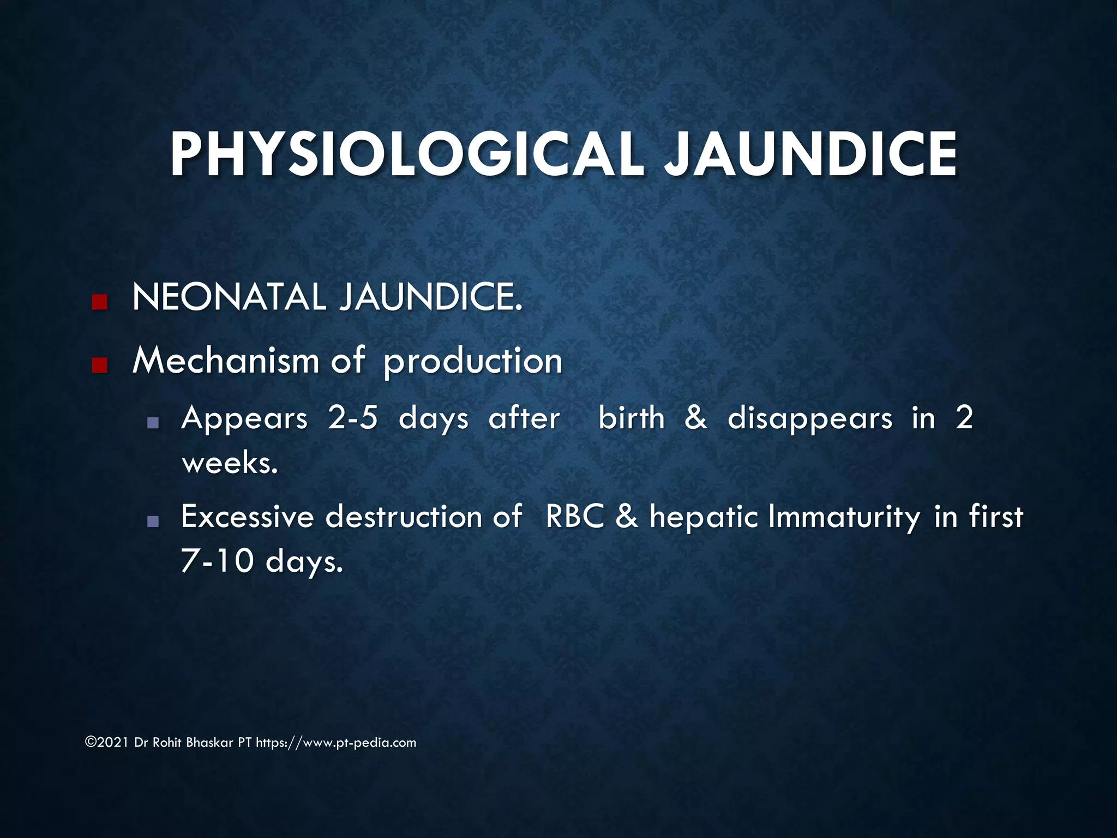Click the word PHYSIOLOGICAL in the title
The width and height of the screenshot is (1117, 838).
(x=406, y=155)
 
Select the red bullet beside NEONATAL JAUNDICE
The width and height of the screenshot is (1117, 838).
(x=99, y=302)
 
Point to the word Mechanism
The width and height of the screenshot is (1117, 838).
(x=225, y=361)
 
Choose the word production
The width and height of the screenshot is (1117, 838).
(x=473, y=362)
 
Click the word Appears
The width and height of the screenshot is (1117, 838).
(x=244, y=420)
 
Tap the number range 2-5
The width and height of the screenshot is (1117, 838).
(x=352, y=418)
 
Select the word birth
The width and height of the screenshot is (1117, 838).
(x=632, y=418)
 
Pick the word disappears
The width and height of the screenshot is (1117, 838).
(x=810, y=420)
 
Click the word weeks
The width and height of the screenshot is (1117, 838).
(x=230, y=464)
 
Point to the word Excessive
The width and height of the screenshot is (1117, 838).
(x=247, y=517)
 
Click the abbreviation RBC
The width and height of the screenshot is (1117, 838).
(x=575, y=517)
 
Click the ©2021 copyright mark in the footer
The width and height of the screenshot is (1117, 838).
(x=107, y=743)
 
